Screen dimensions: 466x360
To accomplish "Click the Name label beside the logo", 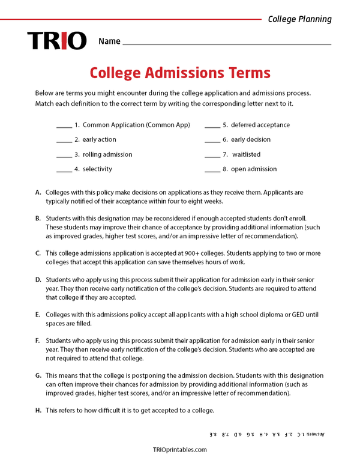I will click(x=109, y=41).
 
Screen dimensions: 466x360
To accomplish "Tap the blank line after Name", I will click(x=226, y=44).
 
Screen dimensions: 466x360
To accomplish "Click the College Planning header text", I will click(x=299, y=19).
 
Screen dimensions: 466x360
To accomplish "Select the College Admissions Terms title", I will click(x=180, y=73).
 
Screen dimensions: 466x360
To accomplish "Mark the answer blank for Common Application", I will click(x=64, y=126).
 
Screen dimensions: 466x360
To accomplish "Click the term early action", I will click(x=99, y=139).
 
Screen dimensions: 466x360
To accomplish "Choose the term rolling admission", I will click(x=107, y=154).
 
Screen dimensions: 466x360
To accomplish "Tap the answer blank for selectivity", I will click(x=64, y=170).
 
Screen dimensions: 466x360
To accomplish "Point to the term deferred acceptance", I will click(x=260, y=125).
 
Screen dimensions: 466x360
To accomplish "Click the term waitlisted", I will click(x=246, y=154).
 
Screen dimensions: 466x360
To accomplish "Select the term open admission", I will click(x=254, y=169).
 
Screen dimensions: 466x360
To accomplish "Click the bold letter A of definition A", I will click(x=38, y=192).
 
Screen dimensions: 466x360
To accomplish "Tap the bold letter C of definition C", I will click(x=38, y=253).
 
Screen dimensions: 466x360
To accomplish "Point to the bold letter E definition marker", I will click(x=38, y=314).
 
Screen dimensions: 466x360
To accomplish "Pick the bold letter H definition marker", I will click(x=38, y=410).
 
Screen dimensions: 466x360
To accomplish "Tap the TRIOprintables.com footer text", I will click(x=180, y=449).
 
